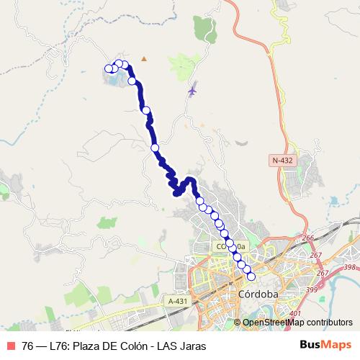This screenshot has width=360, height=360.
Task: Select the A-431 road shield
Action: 176,300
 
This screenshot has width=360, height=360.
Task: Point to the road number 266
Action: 309,238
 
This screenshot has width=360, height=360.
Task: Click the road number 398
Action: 351,267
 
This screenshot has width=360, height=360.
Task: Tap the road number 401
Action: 294,315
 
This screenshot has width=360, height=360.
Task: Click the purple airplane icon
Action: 192,91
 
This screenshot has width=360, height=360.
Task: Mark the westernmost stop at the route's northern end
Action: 109,69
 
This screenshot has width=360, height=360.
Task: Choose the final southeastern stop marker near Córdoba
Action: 251,276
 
